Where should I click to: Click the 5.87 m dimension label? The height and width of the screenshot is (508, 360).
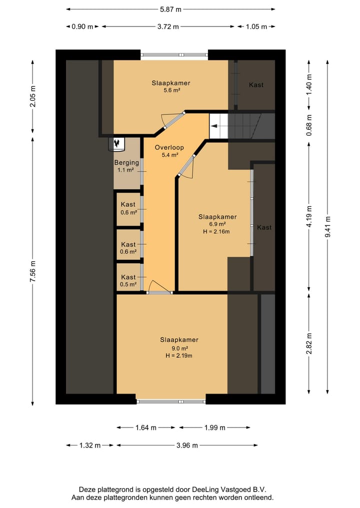(170, 9)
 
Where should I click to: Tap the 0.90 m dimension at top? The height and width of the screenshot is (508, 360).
(82, 26)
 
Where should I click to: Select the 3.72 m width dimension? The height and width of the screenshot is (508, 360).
(168, 26)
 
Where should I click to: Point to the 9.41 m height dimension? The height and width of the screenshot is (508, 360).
(327, 226)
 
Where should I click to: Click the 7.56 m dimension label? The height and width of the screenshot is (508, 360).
(32, 271)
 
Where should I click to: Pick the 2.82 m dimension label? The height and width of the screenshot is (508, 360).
(309, 344)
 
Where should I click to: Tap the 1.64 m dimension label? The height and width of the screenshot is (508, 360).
(146, 428)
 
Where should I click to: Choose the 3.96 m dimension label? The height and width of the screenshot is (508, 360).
(187, 446)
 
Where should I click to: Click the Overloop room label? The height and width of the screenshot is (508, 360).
(169, 147)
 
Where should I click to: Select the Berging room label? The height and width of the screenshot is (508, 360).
(126, 163)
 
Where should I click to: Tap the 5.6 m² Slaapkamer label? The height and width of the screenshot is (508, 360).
(171, 83)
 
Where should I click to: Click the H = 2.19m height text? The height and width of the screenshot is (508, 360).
(178, 356)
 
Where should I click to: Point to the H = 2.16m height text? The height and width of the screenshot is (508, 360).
(216, 232)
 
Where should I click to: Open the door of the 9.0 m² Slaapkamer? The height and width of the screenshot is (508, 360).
(159, 287)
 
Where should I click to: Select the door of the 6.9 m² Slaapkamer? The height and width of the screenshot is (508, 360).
(186, 166)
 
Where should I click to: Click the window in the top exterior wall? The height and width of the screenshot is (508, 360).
(174, 55)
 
